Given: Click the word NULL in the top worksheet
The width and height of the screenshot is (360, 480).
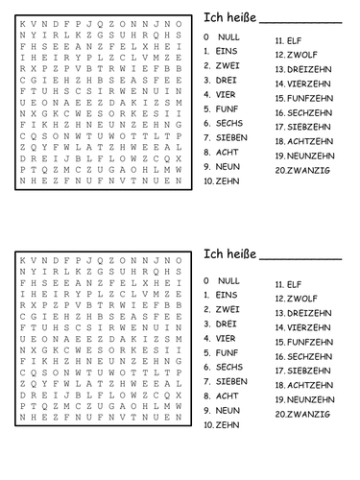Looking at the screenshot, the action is tap(229, 36).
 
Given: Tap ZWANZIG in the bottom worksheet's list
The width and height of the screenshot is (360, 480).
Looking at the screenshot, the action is tap(309, 414).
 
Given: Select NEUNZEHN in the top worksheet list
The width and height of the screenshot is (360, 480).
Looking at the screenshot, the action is tap(311, 155).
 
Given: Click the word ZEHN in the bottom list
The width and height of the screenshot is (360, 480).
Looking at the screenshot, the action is tap(228, 423).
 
